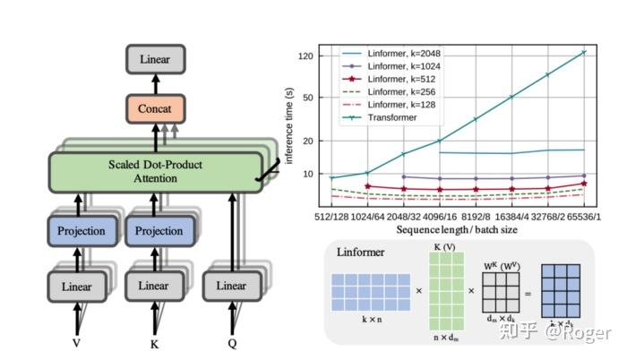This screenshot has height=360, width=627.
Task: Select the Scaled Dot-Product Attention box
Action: (155, 170)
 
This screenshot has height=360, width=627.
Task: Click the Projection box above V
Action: (82, 230)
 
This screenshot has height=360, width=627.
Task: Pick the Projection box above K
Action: (158, 230)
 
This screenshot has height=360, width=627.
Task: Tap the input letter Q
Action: (232, 342)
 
